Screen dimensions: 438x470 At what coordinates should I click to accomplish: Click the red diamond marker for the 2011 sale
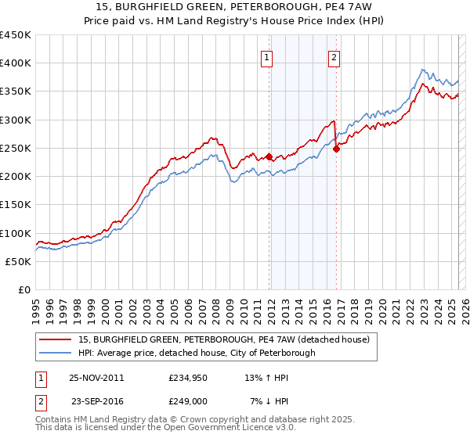coord(269,156)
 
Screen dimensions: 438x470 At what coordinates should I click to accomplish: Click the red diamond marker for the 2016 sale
coord(336,149)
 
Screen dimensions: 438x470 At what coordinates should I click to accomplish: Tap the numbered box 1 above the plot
coord(267,56)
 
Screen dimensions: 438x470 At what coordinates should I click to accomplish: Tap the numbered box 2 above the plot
coord(334,56)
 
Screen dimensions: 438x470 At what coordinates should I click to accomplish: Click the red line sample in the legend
coord(56,339)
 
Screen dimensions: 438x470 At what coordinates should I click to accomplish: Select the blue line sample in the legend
coord(56,353)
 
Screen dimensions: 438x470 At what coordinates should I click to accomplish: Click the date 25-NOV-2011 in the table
coord(96,378)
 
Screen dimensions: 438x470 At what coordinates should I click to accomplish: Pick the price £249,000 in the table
coord(187,401)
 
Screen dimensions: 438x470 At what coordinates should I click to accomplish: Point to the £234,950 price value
coord(187,378)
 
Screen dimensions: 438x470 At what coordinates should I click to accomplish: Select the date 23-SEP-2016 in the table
coord(96,401)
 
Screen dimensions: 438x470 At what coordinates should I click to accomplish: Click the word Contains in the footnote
coord(54,419)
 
